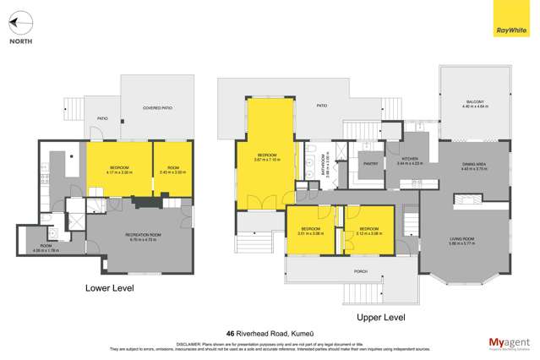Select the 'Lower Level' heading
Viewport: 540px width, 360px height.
(x=110, y=288)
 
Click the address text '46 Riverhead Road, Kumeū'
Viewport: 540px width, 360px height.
(x=270, y=333)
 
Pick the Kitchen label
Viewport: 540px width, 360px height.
(x=410, y=158)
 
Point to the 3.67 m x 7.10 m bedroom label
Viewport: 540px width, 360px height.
(x=268, y=157)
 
